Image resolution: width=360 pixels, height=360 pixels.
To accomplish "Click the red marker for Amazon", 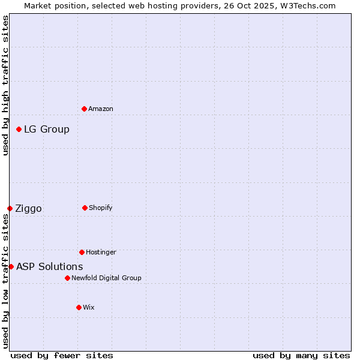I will [84, 109].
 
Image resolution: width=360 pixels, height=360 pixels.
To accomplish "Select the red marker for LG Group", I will [19, 129].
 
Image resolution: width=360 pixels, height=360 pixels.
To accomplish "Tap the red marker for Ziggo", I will [10, 208].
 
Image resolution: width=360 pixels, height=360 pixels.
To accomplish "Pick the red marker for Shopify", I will [85, 208].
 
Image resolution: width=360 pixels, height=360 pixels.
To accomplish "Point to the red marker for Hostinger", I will [82, 252].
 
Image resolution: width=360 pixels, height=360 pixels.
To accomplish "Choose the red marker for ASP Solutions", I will [11, 266].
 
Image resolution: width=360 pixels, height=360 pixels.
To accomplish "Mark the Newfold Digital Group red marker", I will [67, 278].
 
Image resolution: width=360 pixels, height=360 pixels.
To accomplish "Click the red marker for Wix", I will [79, 307].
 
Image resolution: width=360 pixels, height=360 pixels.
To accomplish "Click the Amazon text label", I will [101, 109].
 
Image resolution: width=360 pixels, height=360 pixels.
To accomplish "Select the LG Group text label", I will [47, 129].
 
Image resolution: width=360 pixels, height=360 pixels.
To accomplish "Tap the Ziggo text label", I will [28, 208].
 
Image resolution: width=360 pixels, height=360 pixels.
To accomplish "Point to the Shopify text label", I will [101, 208].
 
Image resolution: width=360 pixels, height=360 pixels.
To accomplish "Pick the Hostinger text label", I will [101, 252].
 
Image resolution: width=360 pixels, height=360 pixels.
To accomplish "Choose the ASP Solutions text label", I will [50, 266].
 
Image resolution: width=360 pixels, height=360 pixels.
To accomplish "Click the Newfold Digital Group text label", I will [106, 278].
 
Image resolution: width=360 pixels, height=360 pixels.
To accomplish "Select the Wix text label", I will [89, 307].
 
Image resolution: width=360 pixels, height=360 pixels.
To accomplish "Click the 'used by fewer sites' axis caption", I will [62, 355].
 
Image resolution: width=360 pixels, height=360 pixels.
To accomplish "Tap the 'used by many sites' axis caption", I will [301, 355].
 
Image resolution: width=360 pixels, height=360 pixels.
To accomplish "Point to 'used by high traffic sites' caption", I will [5, 85].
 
